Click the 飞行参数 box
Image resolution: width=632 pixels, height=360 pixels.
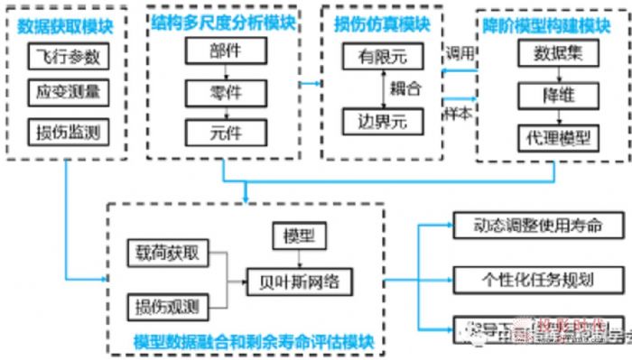tap(68, 59)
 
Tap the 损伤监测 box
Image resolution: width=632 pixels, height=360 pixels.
tap(68, 132)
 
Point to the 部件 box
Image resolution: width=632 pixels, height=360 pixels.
tap(227, 52)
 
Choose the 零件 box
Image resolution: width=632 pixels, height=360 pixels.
tap(227, 92)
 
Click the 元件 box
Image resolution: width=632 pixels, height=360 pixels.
tap(227, 132)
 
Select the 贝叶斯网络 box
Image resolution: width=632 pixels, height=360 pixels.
tap(297, 282)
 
